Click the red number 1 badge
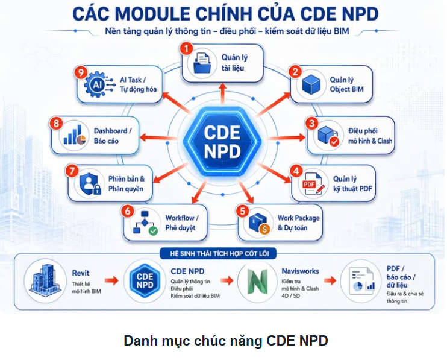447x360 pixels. click(186, 49)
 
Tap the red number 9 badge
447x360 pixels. click(81, 72)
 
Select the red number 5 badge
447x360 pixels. click(242, 212)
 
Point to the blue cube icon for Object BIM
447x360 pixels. click(311, 84)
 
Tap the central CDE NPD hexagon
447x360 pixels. click(222, 142)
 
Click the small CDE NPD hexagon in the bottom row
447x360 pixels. click(145, 280)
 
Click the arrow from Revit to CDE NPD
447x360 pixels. click(112, 280)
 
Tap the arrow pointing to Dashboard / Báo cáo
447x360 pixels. click(157, 137)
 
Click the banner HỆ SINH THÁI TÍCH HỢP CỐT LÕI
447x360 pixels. click(218, 253)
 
